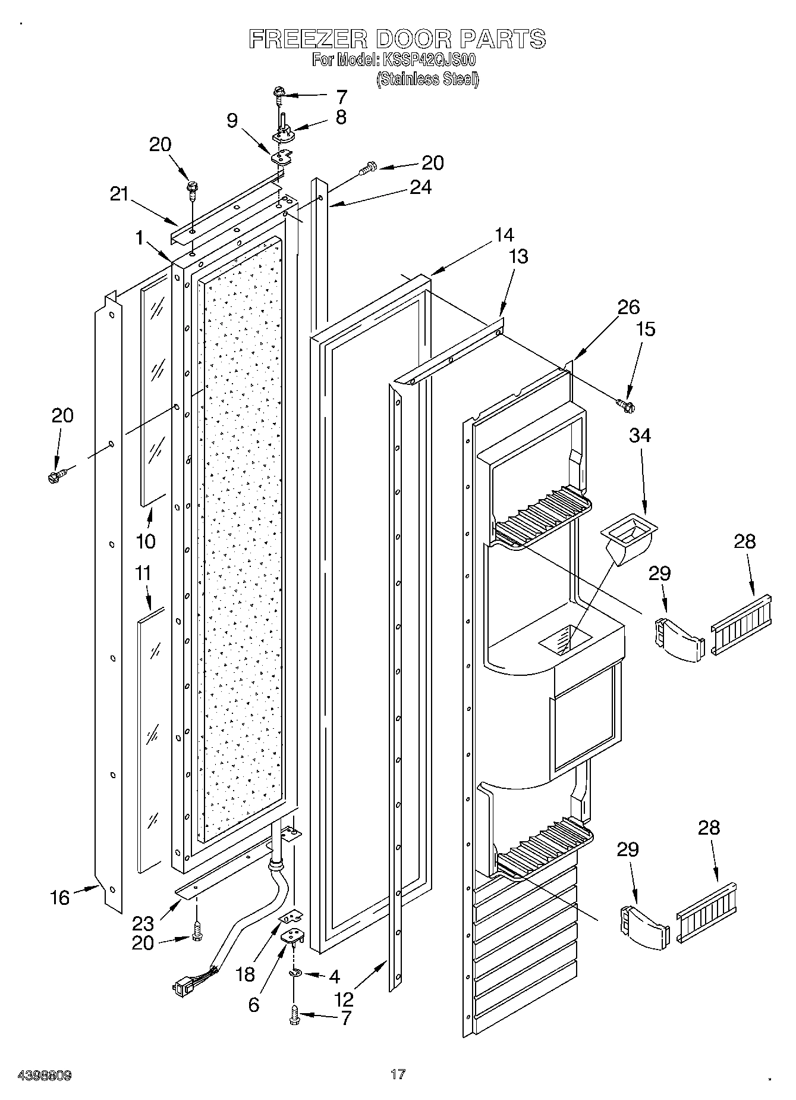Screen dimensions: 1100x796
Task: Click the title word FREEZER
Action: [307, 39]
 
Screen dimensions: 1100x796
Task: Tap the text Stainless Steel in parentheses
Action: [427, 79]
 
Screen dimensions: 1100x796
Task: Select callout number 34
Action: [640, 435]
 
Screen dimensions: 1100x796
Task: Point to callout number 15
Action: [646, 329]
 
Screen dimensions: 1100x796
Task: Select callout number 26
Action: [628, 308]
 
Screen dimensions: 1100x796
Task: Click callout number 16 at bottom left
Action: [59, 898]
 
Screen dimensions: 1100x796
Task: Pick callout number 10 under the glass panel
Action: [146, 541]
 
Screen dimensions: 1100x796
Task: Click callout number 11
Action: [143, 573]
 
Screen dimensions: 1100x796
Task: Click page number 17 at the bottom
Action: [398, 1074]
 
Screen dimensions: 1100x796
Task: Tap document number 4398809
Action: [37, 1076]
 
